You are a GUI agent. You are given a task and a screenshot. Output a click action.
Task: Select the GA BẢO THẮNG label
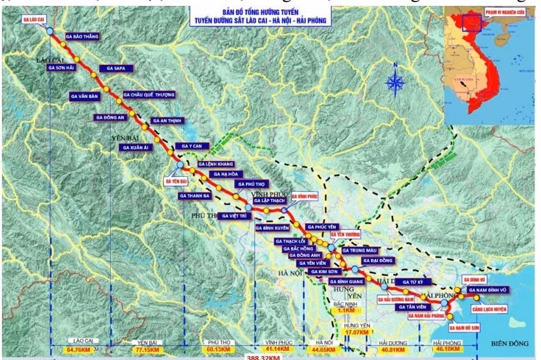pos(83,37)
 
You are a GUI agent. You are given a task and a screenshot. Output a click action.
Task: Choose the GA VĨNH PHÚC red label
pos(303,196)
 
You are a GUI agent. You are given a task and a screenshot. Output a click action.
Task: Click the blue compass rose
pos(395,82)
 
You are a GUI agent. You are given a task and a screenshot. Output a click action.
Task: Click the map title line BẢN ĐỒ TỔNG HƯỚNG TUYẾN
pos(263,12)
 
